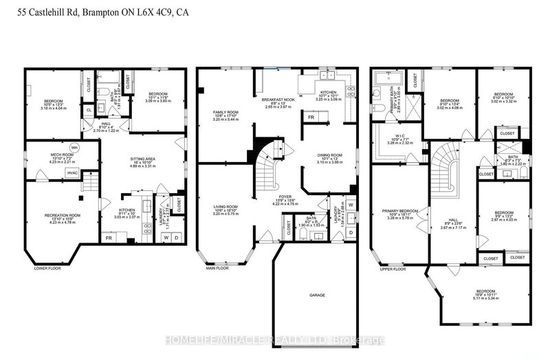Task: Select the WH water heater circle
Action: [74, 148]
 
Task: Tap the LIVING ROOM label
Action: [225, 205]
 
